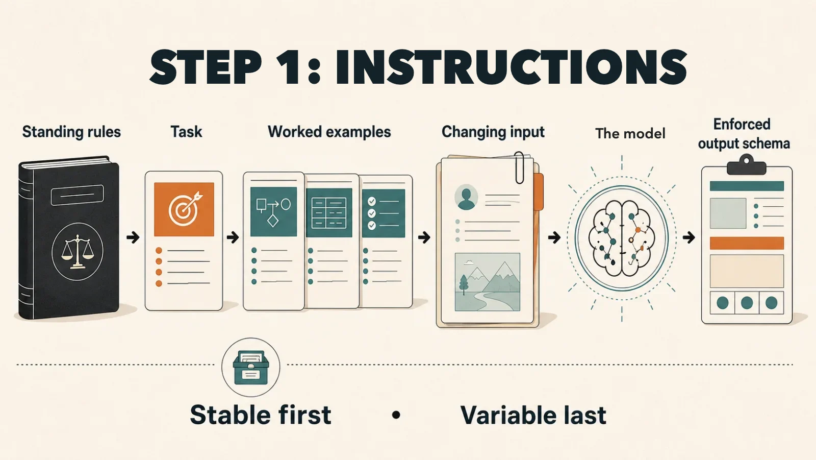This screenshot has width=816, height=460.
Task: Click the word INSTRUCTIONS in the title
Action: point(511,67)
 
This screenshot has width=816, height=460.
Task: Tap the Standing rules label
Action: point(71,132)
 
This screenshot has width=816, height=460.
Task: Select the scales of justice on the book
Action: point(77,252)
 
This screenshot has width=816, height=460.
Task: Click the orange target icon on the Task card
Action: point(184,209)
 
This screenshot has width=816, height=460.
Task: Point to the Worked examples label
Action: point(329,132)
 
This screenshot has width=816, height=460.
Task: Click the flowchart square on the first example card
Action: point(273,211)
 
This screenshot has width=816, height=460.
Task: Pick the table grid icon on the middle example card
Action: point(329,213)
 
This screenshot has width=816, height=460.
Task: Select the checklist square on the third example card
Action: point(383,213)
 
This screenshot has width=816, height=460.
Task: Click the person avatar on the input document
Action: point(466,197)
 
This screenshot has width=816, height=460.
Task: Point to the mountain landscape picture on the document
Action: point(488,282)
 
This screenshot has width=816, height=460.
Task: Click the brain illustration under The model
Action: point(622,238)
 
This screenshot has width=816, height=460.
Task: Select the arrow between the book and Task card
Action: point(133,237)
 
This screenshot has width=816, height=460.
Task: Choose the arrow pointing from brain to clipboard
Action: point(689,238)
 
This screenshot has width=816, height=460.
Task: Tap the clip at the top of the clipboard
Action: point(747,165)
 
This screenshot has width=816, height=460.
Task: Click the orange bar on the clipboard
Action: point(747,243)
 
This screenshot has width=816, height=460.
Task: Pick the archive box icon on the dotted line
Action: point(250,368)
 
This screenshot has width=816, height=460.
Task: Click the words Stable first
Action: point(261,415)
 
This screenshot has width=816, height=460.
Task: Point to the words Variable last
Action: point(533,415)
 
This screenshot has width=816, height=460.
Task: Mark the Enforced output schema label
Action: point(744,134)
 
